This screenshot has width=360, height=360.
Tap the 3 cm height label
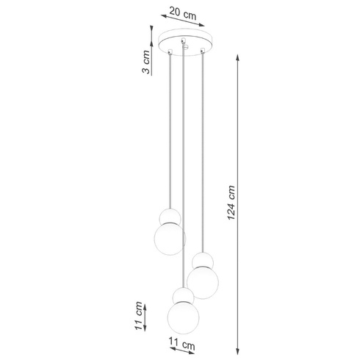[x=147, y=62]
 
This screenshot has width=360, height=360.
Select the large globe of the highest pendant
[x=170, y=237]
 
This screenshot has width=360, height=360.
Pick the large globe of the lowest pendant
[x=183, y=315]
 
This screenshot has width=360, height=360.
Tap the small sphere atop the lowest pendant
[x=181, y=294]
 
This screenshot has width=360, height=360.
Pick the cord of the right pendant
[x=201, y=147]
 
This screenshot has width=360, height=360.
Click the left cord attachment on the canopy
[x=170, y=51]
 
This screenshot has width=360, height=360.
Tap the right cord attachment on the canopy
[x=201, y=51]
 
